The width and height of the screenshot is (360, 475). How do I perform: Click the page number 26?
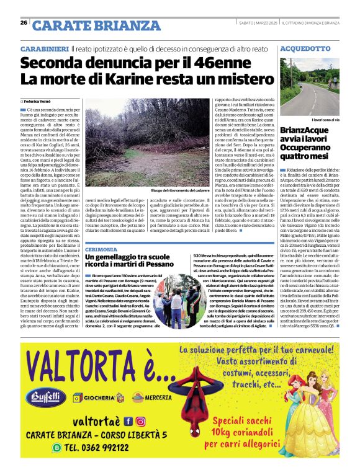coord(24,23)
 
